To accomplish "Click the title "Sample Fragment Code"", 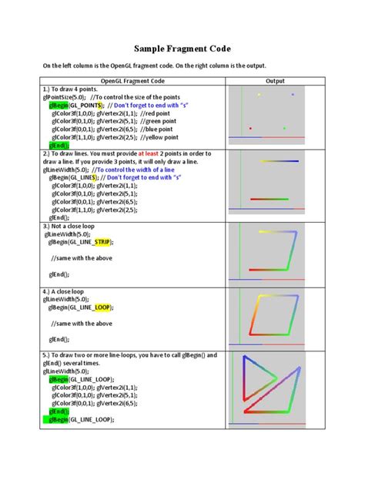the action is (x=182, y=48).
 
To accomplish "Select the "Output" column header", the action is (x=275, y=80).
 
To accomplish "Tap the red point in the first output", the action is (x=250, y=129).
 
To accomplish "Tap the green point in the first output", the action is (x=284, y=129).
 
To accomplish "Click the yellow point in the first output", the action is (x=259, y=95).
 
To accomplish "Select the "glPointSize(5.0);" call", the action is (x=65, y=96).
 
